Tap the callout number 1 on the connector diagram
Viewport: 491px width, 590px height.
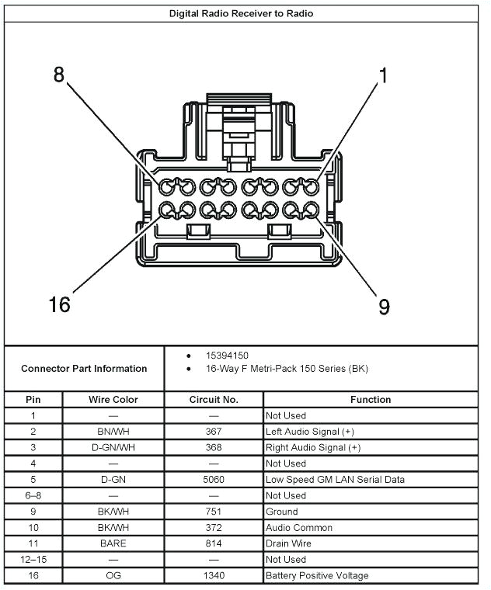coord(382,75)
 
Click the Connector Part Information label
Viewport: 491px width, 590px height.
coord(84,369)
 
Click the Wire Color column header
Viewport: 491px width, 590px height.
coord(113,400)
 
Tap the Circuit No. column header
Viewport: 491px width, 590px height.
coord(214,400)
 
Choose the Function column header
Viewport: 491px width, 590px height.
coord(371,400)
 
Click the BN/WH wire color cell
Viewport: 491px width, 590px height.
coord(113,432)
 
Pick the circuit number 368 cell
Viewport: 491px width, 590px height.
coord(214,448)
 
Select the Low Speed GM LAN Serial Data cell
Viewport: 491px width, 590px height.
coord(335,480)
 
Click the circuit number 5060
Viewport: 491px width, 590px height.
coord(214,480)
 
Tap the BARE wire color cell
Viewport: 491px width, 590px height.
coord(113,543)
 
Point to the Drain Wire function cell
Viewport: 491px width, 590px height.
coord(288,543)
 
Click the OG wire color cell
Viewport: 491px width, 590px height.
coord(113,575)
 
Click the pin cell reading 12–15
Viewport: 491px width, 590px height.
coord(33,560)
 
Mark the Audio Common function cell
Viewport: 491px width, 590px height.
coord(299,528)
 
